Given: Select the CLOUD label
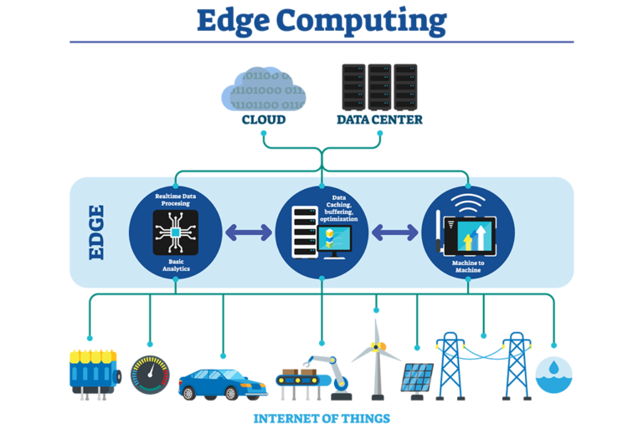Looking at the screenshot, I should [264, 120].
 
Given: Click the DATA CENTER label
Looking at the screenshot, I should [379, 120].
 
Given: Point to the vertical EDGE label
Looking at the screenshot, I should [96, 232].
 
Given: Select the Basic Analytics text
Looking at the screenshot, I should [176, 265].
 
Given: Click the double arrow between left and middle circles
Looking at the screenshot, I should [249, 232].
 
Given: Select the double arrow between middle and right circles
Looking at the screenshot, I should [394, 232].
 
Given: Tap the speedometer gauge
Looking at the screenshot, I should [150, 375].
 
